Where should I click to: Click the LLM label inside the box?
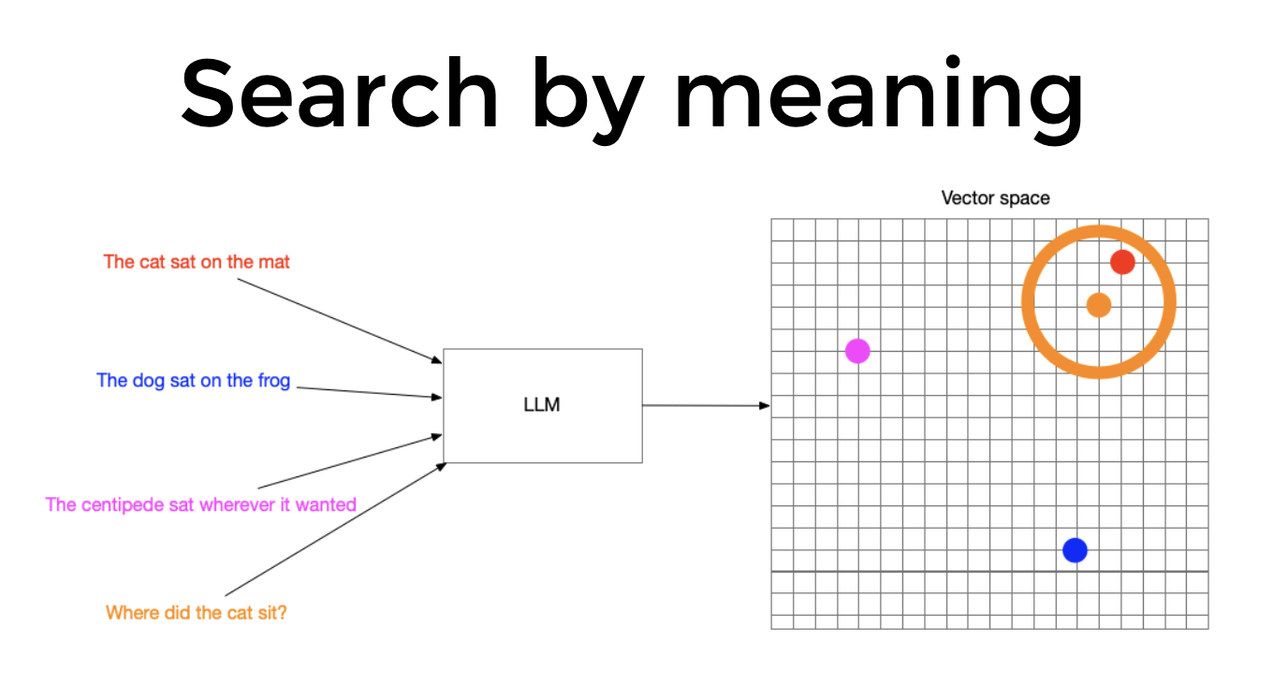point(542,405)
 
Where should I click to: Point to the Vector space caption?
point(995,197)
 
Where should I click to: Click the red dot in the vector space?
point(1122,262)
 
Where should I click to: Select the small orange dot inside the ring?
point(1099,304)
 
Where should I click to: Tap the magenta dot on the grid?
point(857,351)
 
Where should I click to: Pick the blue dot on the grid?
point(1075,550)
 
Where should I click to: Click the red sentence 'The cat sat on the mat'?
point(197,262)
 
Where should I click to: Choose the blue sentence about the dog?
point(194,381)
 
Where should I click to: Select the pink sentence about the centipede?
point(201,504)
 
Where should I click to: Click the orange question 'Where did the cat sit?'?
point(196,613)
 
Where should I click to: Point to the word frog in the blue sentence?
point(273,381)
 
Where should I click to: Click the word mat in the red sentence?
point(276,262)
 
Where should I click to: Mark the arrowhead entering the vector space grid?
point(765,405)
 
